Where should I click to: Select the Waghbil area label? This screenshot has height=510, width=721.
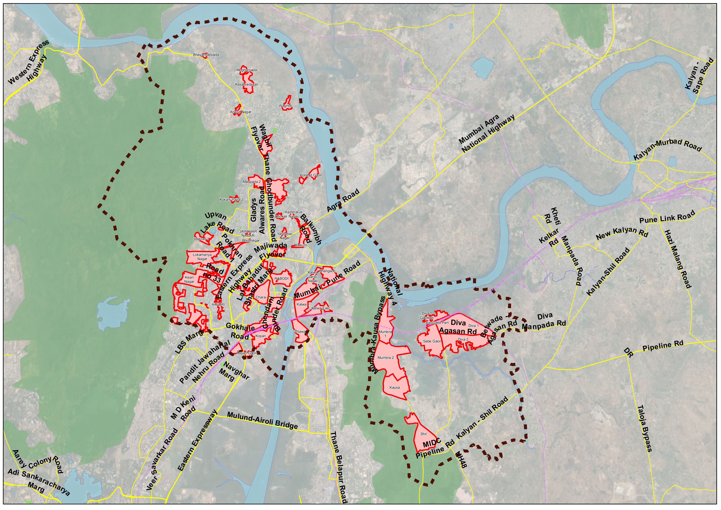click(285, 106)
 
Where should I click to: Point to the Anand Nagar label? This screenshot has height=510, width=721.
click(241, 112)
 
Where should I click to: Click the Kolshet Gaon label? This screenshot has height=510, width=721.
click(311, 175)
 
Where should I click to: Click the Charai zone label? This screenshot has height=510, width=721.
click(261, 297)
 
